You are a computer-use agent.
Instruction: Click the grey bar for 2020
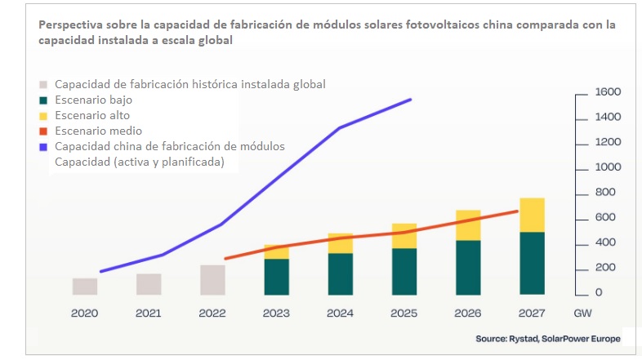pyautogui.click(x=85, y=286)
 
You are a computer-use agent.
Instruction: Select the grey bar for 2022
pyautogui.click(x=212, y=279)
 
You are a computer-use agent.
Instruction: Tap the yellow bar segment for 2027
pyautogui.click(x=532, y=215)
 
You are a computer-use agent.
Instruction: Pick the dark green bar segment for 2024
pyautogui.click(x=341, y=273)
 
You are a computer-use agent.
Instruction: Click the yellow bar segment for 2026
pyautogui.click(x=468, y=225)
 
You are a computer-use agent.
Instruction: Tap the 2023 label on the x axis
pyautogui.click(x=277, y=312)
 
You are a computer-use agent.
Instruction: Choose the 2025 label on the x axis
pyautogui.click(x=404, y=312)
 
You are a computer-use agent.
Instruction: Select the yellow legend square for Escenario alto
pyautogui.click(x=44, y=116)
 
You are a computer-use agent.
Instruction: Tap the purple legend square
pyautogui.click(x=44, y=147)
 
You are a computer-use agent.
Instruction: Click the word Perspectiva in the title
pyautogui.click(x=71, y=25)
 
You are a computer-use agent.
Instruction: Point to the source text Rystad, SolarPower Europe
pyautogui.click(x=563, y=338)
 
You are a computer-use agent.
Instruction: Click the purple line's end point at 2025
pyautogui.click(x=411, y=100)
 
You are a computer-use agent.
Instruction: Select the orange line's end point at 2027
pyautogui.click(x=518, y=211)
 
